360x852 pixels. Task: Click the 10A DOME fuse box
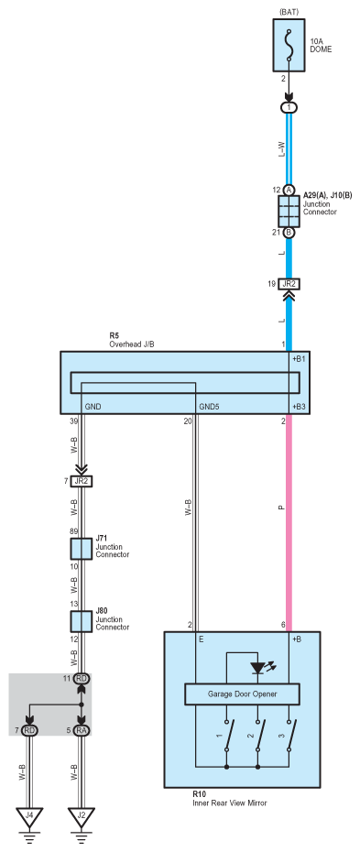[x=289, y=45]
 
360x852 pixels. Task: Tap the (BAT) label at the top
[x=289, y=10]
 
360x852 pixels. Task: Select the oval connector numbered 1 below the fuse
[x=289, y=107]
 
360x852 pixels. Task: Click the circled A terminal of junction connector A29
[x=289, y=190]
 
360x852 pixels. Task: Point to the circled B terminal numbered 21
[x=289, y=232]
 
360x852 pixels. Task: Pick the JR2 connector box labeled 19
[x=289, y=284]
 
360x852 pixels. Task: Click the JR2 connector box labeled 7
[x=82, y=481]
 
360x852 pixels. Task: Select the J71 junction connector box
[x=82, y=550]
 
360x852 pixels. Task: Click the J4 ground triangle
[x=30, y=816]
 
